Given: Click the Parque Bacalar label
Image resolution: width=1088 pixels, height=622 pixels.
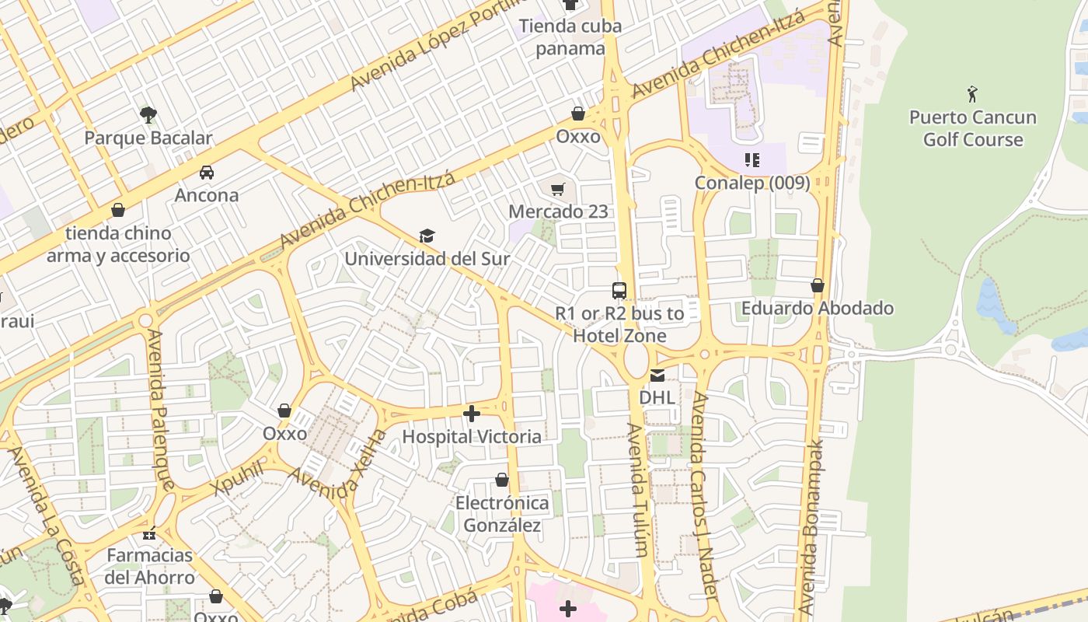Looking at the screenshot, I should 148,138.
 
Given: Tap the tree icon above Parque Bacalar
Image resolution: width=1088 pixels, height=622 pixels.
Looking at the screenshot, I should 148,115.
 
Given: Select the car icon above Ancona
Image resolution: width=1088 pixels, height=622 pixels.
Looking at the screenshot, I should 207,172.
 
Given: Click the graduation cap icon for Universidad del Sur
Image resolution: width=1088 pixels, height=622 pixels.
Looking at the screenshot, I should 427,236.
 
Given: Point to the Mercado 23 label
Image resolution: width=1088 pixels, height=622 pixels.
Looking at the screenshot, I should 558,211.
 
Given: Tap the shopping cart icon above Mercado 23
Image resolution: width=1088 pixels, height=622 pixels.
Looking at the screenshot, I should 557,189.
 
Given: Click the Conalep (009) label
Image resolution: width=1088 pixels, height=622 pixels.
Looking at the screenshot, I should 751,183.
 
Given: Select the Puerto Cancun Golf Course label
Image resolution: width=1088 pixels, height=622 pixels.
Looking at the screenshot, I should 972,128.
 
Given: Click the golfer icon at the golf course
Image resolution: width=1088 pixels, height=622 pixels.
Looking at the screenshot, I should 972,94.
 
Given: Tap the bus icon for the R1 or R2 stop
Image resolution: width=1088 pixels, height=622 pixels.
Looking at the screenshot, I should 619,291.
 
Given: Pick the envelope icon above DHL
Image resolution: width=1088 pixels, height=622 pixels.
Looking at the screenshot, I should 657,376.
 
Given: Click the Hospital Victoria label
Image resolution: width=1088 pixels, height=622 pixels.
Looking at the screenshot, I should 472,436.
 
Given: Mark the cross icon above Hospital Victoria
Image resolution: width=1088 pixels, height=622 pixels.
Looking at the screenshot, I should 472,414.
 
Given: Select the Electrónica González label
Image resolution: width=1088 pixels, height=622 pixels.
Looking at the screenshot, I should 502,514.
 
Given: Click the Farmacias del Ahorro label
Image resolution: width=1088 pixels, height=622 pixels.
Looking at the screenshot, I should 150,566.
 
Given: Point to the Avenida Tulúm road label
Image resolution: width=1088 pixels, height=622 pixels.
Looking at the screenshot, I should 638,490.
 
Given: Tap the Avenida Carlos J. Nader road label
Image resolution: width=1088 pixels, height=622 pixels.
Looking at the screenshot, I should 703,494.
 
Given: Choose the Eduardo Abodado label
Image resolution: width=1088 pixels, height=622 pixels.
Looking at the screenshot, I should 817,308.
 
